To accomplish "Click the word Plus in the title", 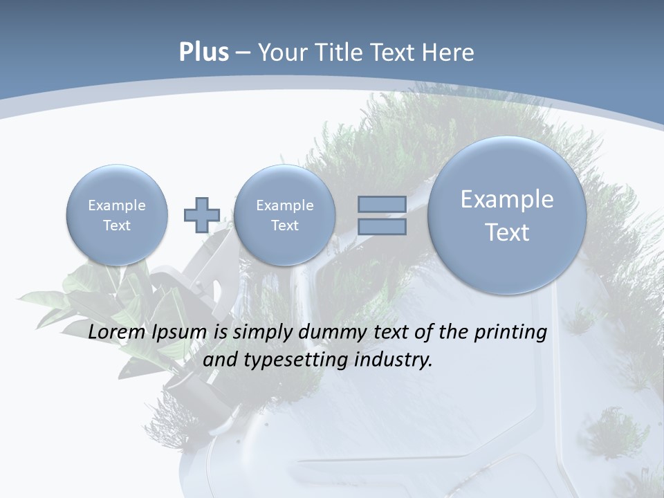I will [203, 53].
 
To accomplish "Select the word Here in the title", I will [450, 53].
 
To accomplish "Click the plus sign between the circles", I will [201, 214].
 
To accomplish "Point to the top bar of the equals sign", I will [382, 204].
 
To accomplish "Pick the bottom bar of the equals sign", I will [382, 227].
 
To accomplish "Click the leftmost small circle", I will [117, 215].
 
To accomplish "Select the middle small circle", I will [284, 215].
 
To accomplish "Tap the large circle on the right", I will [507, 215].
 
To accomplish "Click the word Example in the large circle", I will [507, 199].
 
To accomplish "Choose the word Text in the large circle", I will [507, 232].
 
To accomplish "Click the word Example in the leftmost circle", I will [117, 205].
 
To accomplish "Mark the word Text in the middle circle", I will [284, 225].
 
